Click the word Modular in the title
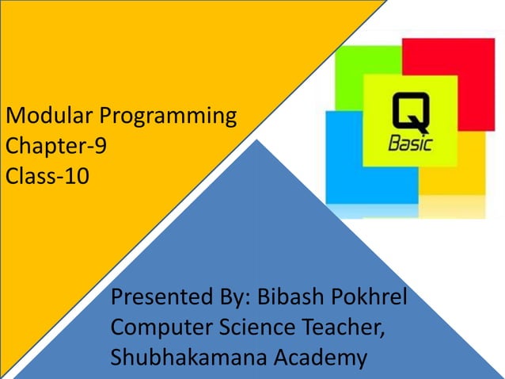click(x=49, y=117)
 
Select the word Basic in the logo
click(x=410, y=145)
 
